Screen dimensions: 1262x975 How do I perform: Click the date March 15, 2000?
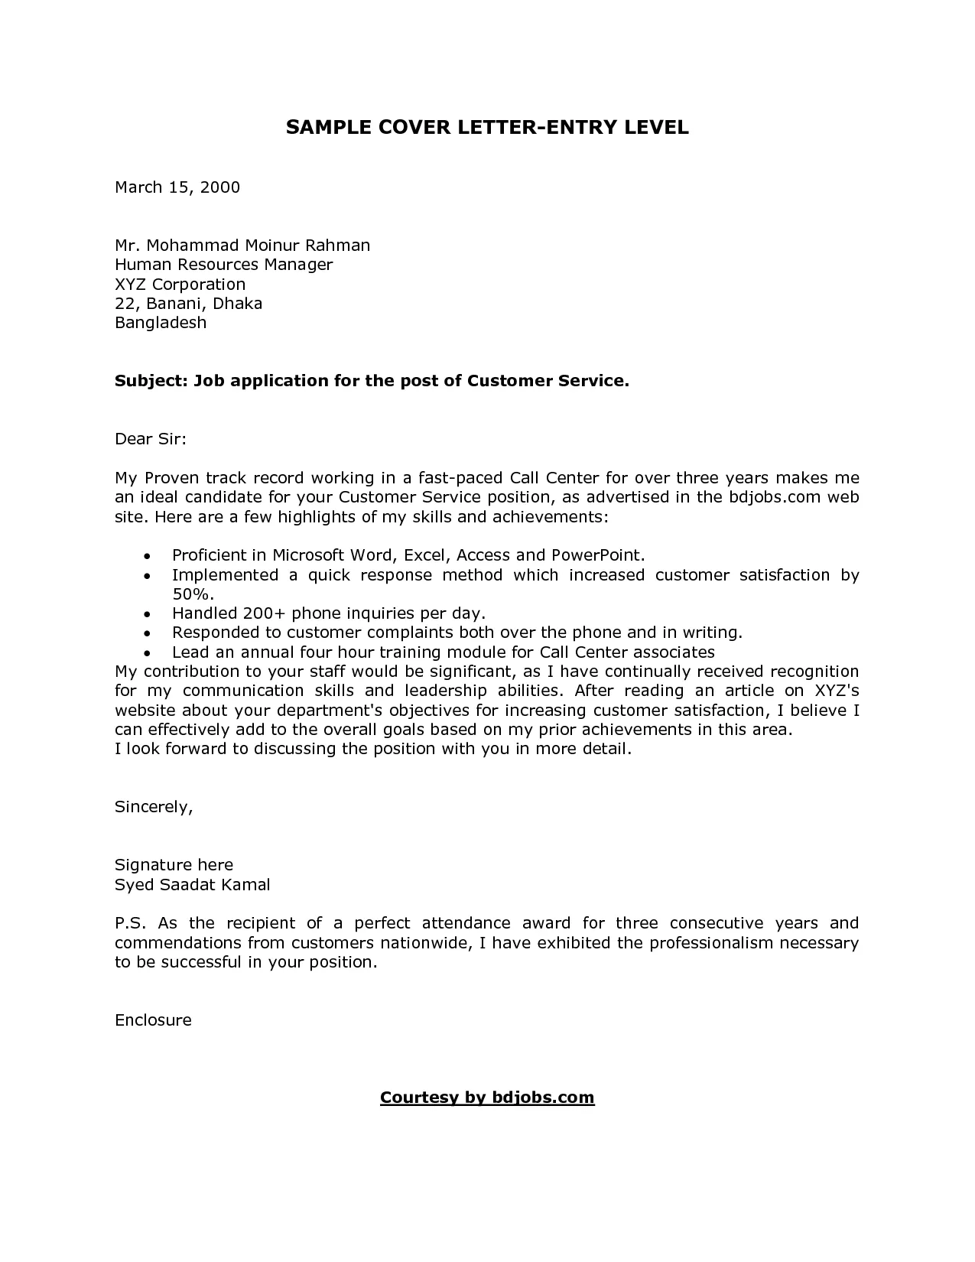click(177, 187)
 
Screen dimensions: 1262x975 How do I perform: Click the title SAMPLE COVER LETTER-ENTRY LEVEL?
click(487, 128)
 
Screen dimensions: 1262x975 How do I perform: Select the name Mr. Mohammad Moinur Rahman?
click(242, 246)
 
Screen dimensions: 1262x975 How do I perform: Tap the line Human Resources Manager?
click(223, 265)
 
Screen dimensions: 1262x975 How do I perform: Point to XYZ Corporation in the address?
click(180, 285)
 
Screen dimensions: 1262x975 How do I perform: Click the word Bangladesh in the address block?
click(161, 323)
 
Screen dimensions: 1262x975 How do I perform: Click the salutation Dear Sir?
click(151, 439)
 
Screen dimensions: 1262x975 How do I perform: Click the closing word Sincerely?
click(153, 807)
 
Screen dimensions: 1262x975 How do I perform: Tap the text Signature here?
click(174, 865)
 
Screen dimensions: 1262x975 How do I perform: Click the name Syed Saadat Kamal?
click(192, 885)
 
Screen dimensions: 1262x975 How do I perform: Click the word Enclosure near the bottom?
click(153, 1020)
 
